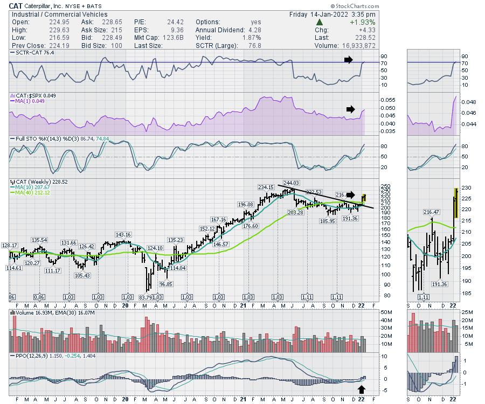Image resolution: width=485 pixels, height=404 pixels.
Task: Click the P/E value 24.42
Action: point(170,22)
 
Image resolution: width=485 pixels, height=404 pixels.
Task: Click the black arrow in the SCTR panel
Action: point(351,59)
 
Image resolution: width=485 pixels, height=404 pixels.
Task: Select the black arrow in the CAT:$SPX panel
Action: point(351,109)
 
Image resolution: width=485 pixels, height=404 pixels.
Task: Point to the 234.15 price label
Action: point(266,187)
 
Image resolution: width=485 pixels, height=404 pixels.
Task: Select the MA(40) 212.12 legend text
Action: point(31,192)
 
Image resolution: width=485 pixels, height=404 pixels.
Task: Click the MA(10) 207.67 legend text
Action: point(31,187)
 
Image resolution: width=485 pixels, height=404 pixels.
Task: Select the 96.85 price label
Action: point(166,284)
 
